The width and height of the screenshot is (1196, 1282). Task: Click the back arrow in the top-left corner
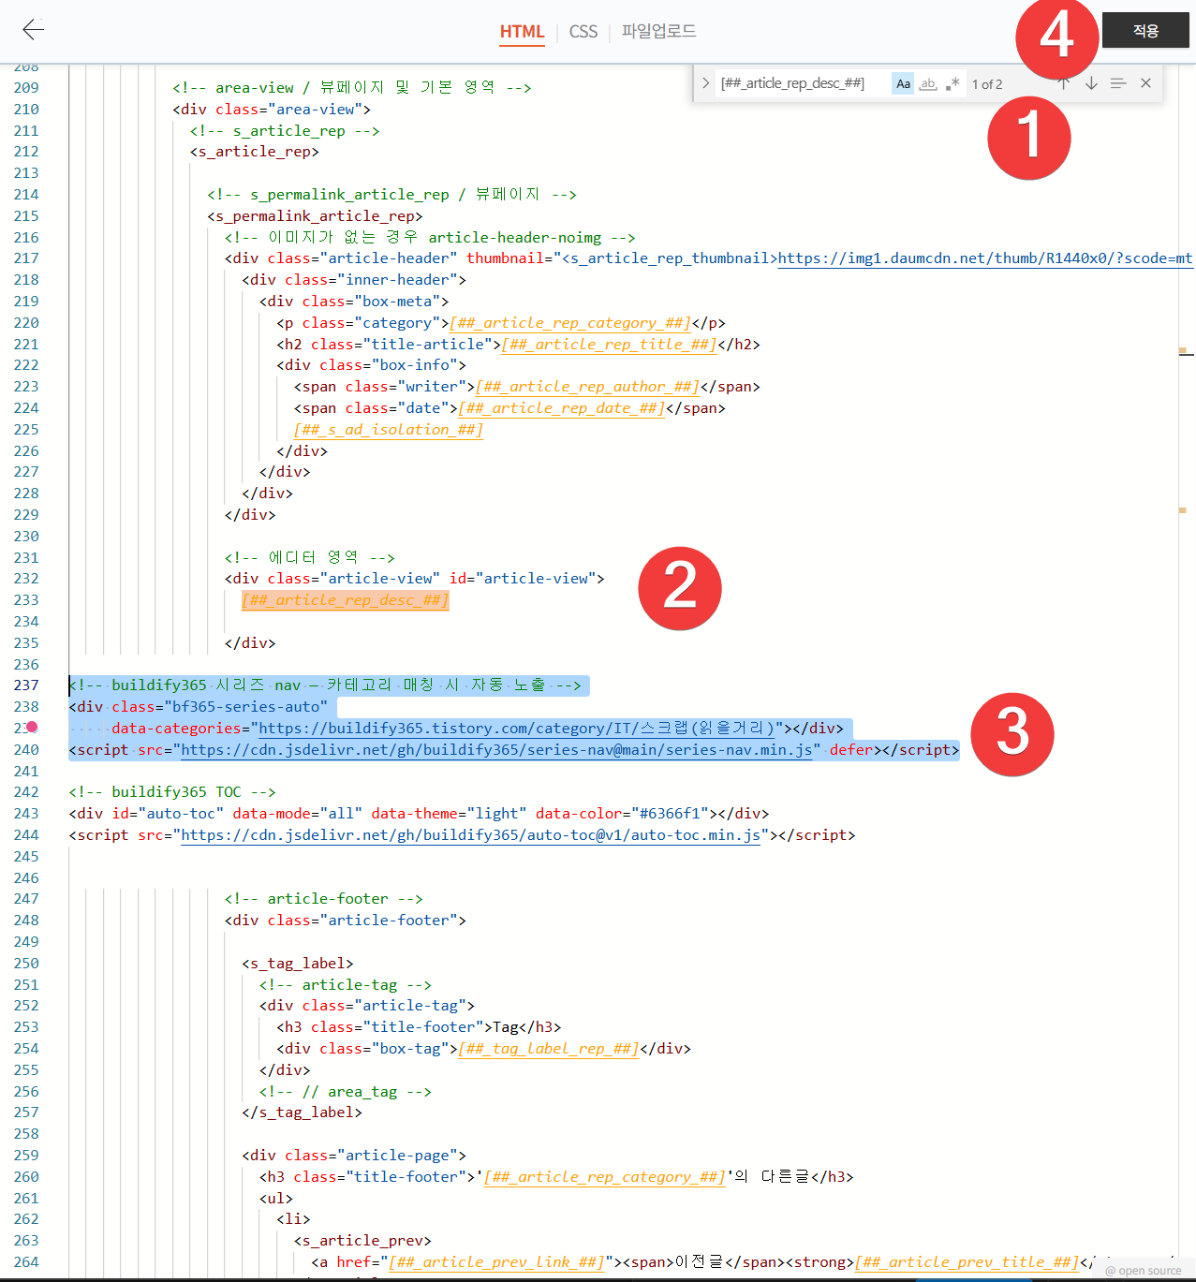click(33, 29)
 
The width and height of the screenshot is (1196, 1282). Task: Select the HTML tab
click(522, 32)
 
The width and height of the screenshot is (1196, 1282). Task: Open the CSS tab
click(583, 32)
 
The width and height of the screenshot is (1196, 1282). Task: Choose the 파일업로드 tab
click(658, 31)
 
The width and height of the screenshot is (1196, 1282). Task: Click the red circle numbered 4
click(1057, 37)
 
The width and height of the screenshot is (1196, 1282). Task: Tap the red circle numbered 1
click(1028, 139)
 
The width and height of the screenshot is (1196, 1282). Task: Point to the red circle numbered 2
click(679, 588)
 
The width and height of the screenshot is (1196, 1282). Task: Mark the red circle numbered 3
click(1011, 734)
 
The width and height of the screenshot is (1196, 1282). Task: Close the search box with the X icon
click(1145, 83)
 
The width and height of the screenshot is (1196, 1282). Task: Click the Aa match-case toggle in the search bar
click(903, 84)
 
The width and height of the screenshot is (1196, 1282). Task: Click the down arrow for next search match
click(1091, 83)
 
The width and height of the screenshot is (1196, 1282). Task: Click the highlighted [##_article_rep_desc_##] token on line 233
click(346, 600)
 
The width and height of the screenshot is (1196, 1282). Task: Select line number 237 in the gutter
click(26, 685)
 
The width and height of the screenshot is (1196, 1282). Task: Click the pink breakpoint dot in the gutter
click(32, 728)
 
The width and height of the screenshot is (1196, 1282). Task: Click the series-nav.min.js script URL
click(496, 750)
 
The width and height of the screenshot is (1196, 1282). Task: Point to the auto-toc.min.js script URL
click(470, 835)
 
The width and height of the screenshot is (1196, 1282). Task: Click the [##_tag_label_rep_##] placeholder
click(548, 1049)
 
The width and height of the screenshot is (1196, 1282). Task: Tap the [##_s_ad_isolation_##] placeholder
click(388, 430)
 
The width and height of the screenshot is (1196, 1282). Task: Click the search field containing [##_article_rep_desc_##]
click(801, 84)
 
